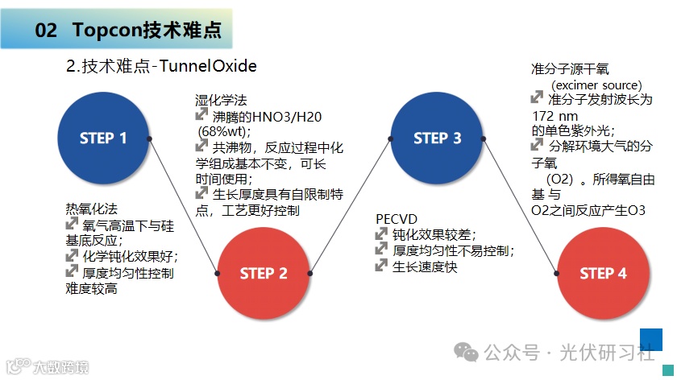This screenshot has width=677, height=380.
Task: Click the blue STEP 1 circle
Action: [x=103, y=138]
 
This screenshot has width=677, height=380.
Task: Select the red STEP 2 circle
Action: [x=264, y=274]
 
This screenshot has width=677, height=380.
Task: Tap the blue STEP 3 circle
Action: [x=437, y=138]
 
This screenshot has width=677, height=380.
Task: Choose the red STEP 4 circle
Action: [x=603, y=274]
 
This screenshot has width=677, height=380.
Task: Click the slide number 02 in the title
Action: [x=46, y=31]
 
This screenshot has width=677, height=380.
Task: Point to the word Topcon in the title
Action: [x=106, y=31]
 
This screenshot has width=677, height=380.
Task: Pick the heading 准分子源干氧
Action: [x=571, y=71]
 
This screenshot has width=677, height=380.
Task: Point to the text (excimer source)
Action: [x=596, y=85]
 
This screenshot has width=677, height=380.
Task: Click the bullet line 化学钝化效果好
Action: [x=130, y=257]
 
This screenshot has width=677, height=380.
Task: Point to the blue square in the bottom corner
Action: [x=650, y=340]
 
